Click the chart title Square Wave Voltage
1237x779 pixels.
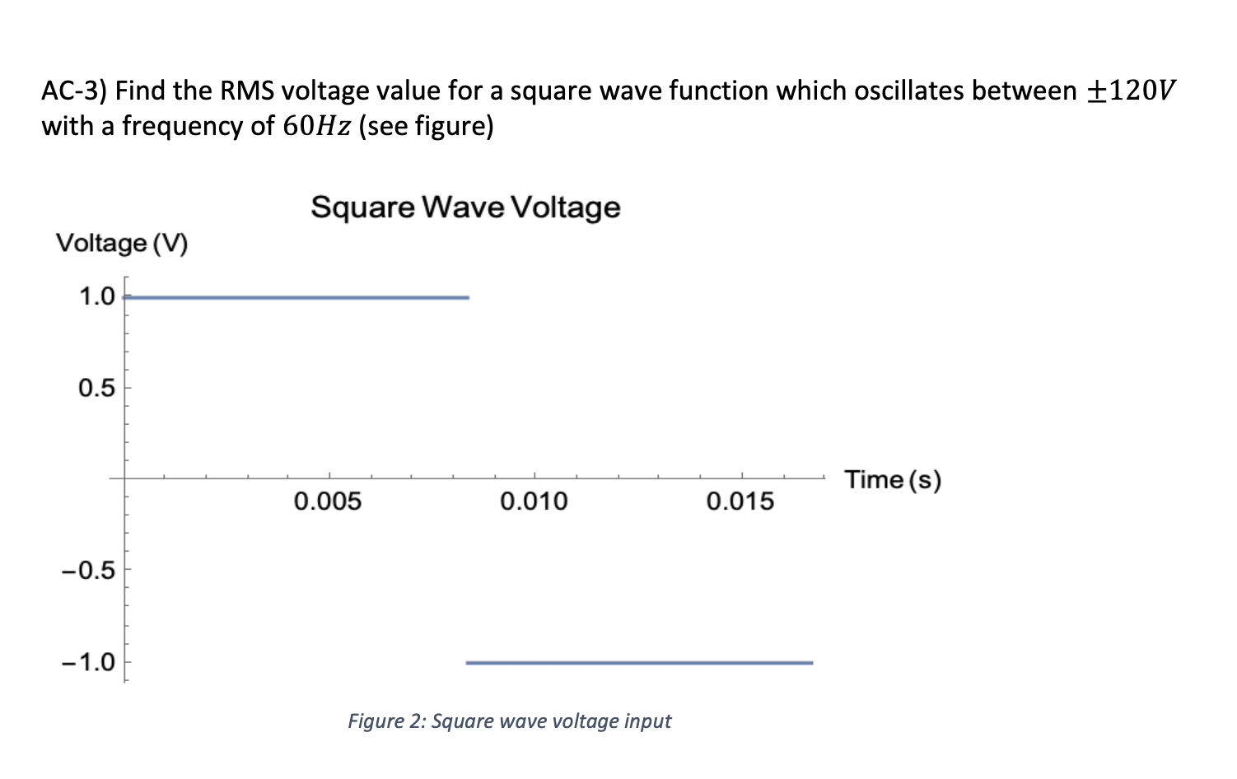[465, 207]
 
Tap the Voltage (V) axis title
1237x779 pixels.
[122, 244]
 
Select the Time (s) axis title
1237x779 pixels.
[893, 479]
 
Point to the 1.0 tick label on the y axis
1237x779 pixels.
[97, 296]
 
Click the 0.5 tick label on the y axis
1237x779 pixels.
[97, 388]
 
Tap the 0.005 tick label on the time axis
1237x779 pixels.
[328, 501]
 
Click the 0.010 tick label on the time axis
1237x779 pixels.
[534, 501]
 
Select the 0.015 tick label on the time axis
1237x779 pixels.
[740, 501]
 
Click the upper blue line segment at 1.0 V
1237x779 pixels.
[296, 297]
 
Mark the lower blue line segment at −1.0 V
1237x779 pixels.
[639, 662]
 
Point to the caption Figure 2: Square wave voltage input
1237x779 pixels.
[509, 721]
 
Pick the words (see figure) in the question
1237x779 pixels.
[426, 127]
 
